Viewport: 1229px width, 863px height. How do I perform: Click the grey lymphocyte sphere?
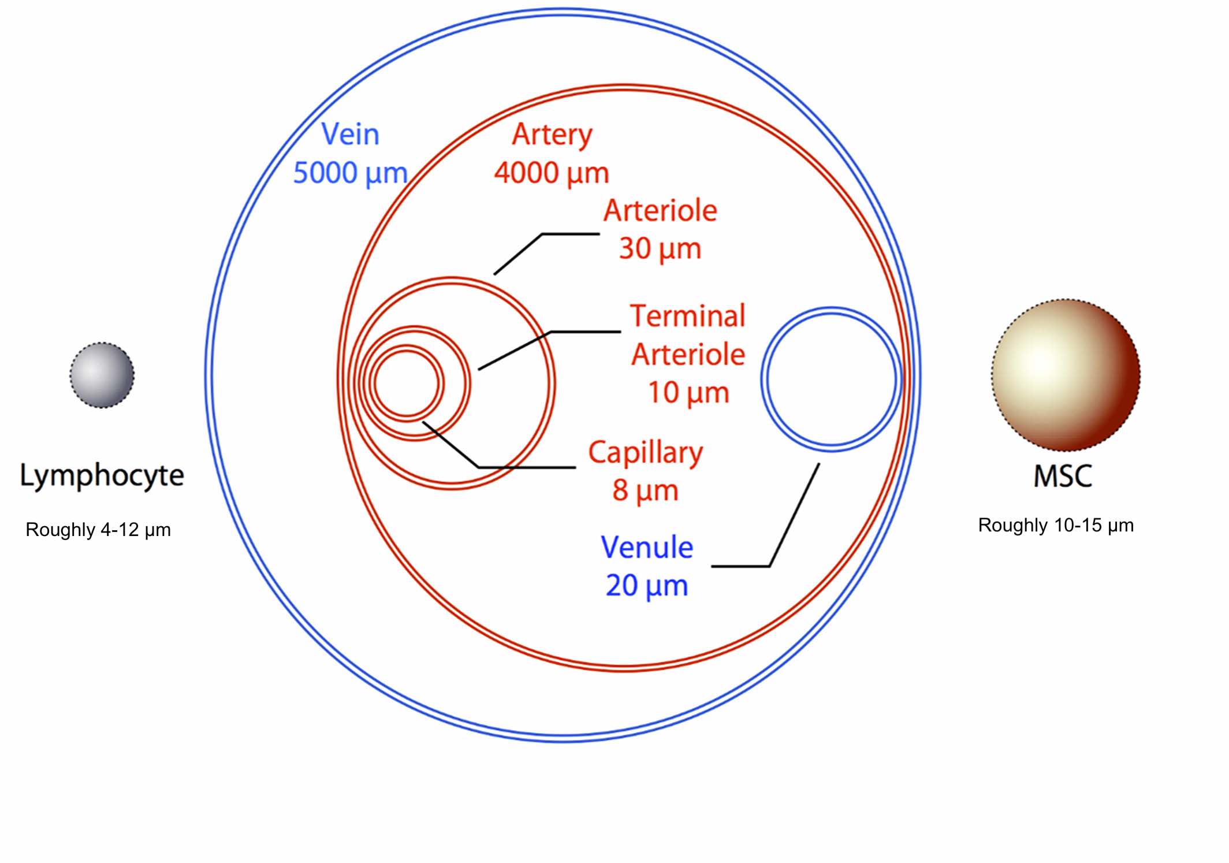tap(102, 375)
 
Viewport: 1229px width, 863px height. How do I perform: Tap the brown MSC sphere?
tap(1066, 375)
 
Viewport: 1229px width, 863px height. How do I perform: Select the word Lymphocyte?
tap(102, 476)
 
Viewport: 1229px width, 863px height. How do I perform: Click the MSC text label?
tap(1062, 477)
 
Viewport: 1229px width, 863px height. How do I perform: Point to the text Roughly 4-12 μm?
tap(98, 530)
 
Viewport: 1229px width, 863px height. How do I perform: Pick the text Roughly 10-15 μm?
tap(1056, 525)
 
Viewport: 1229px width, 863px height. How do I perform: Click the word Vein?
tap(350, 135)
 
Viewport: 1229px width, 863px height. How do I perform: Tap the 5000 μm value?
tap(350, 173)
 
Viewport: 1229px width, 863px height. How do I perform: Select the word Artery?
tap(552, 135)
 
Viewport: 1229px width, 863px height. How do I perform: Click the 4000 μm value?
tap(552, 173)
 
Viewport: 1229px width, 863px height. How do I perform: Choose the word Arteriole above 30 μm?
tap(660, 210)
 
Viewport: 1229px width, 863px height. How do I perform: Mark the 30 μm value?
tap(660, 248)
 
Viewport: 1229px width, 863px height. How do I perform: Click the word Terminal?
tap(688, 316)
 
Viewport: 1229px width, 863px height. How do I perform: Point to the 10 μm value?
tap(688, 393)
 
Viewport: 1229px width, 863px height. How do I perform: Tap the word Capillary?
tap(645, 453)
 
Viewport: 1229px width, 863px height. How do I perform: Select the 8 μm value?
tap(645, 490)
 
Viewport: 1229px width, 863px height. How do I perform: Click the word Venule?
tap(647, 547)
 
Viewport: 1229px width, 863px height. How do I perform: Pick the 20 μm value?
tap(647, 586)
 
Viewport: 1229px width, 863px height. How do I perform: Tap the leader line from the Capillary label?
tap(526, 467)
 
